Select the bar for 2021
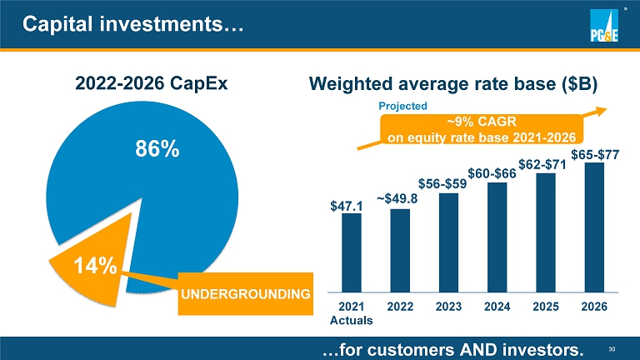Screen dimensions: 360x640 pos(352,253)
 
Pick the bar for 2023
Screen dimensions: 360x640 pos(448,242)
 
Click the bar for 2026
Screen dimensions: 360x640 pos(594,227)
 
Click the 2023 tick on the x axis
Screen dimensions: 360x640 pos(448,306)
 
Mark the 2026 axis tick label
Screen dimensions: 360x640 pos(594,306)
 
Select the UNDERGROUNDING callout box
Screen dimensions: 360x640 pos(246,293)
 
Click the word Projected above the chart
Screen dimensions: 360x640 pos(402,106)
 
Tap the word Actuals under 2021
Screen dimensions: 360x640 pos(351,319)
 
